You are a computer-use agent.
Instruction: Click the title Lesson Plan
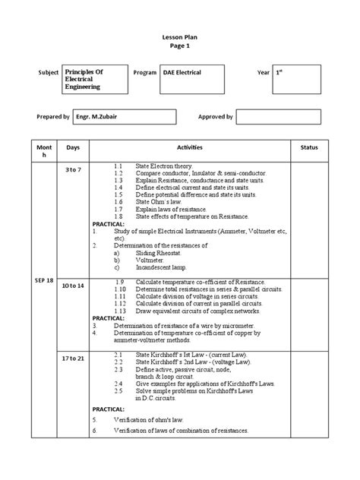(180, 35)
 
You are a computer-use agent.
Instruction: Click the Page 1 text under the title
(180, 46)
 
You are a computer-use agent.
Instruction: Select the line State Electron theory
(164, 166)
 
